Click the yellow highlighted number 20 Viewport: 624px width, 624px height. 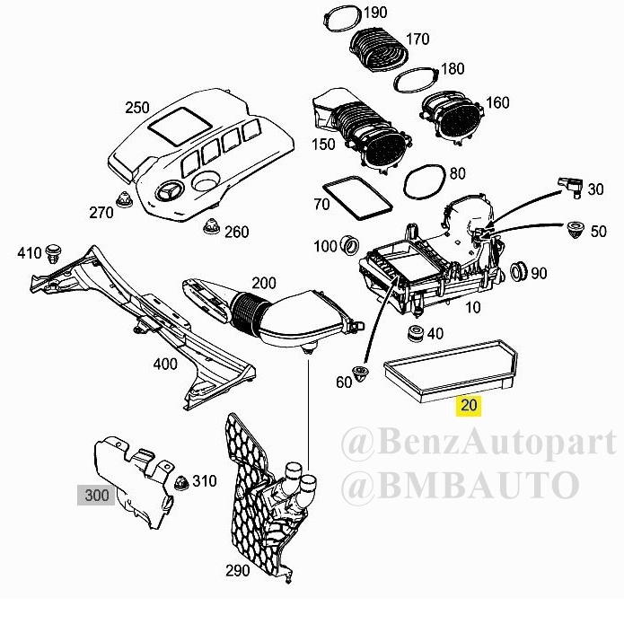click(x=469, y=406)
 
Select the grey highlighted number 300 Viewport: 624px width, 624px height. click(x=96, y=496)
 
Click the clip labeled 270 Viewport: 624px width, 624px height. click(x=124, y=199)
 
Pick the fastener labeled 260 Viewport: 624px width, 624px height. click(x=211, y=226)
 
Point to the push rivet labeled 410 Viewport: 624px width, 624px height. click(x=53, y=253)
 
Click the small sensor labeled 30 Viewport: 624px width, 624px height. click(x=570, y=187)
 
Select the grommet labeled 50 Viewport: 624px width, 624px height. click(x=575, y=229)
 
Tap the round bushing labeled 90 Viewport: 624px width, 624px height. click(x=518, y=271)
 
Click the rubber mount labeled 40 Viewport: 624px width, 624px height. click(x=417, y=333)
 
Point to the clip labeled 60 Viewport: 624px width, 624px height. click(x=361, y=373)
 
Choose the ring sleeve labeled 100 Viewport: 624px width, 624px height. click(x=350, y=245)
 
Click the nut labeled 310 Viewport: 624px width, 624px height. click(x=181, y=483)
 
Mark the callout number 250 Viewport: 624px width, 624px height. click(x=136, y=108)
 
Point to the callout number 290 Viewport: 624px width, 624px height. click(x=238, y=571)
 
